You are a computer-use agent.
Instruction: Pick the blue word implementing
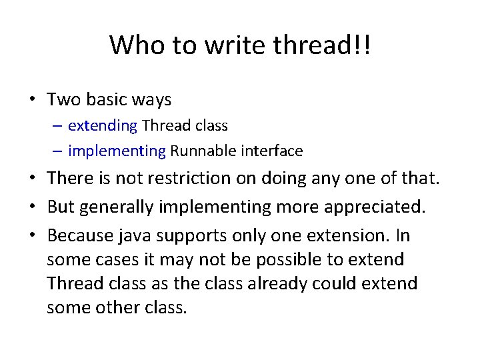click(x=117, y=151)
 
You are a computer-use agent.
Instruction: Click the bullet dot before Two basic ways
click(x=33, y=101)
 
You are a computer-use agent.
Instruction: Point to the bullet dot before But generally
click(x=33, y=207)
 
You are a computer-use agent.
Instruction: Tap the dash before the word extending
click(x=59, y=125)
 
